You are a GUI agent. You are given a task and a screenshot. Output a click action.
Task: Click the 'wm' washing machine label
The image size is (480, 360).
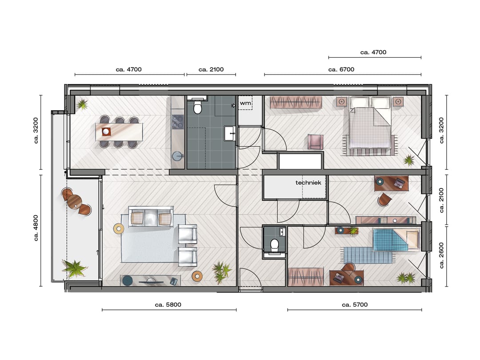coord(245,103)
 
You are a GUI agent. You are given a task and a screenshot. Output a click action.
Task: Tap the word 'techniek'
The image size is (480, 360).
coord(308,183)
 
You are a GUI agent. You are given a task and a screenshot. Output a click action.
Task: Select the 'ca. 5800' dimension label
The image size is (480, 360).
coord(168,304)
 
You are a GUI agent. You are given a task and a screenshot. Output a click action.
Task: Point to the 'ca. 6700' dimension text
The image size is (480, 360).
coord(341,69)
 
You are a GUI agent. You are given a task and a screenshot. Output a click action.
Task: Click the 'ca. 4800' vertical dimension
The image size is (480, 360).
coord(36,228)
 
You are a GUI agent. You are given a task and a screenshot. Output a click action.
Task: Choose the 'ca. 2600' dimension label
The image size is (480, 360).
coord(441,255)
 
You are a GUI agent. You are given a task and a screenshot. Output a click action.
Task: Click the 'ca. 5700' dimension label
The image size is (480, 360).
coord(355,304)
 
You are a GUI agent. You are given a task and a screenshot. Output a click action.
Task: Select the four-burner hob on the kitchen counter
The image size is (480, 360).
coord(177,122)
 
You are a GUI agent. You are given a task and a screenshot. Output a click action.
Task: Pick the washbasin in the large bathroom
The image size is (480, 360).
coord(230,133)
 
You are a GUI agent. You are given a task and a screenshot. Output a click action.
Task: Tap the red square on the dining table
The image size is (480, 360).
coord(106,132)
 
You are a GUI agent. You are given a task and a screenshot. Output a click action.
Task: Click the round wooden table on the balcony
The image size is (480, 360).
coord(75,202)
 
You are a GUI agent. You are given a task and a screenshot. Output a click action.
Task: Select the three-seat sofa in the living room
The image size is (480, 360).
coord(151,216)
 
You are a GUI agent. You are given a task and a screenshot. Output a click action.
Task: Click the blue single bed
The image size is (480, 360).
coord(395,240)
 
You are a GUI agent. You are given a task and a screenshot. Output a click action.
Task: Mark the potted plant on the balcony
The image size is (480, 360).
coord(74,268)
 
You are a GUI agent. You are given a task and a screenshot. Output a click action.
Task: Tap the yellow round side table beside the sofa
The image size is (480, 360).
coord(119,228)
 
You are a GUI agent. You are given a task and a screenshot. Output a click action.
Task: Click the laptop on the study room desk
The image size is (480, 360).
coord(399,183)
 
